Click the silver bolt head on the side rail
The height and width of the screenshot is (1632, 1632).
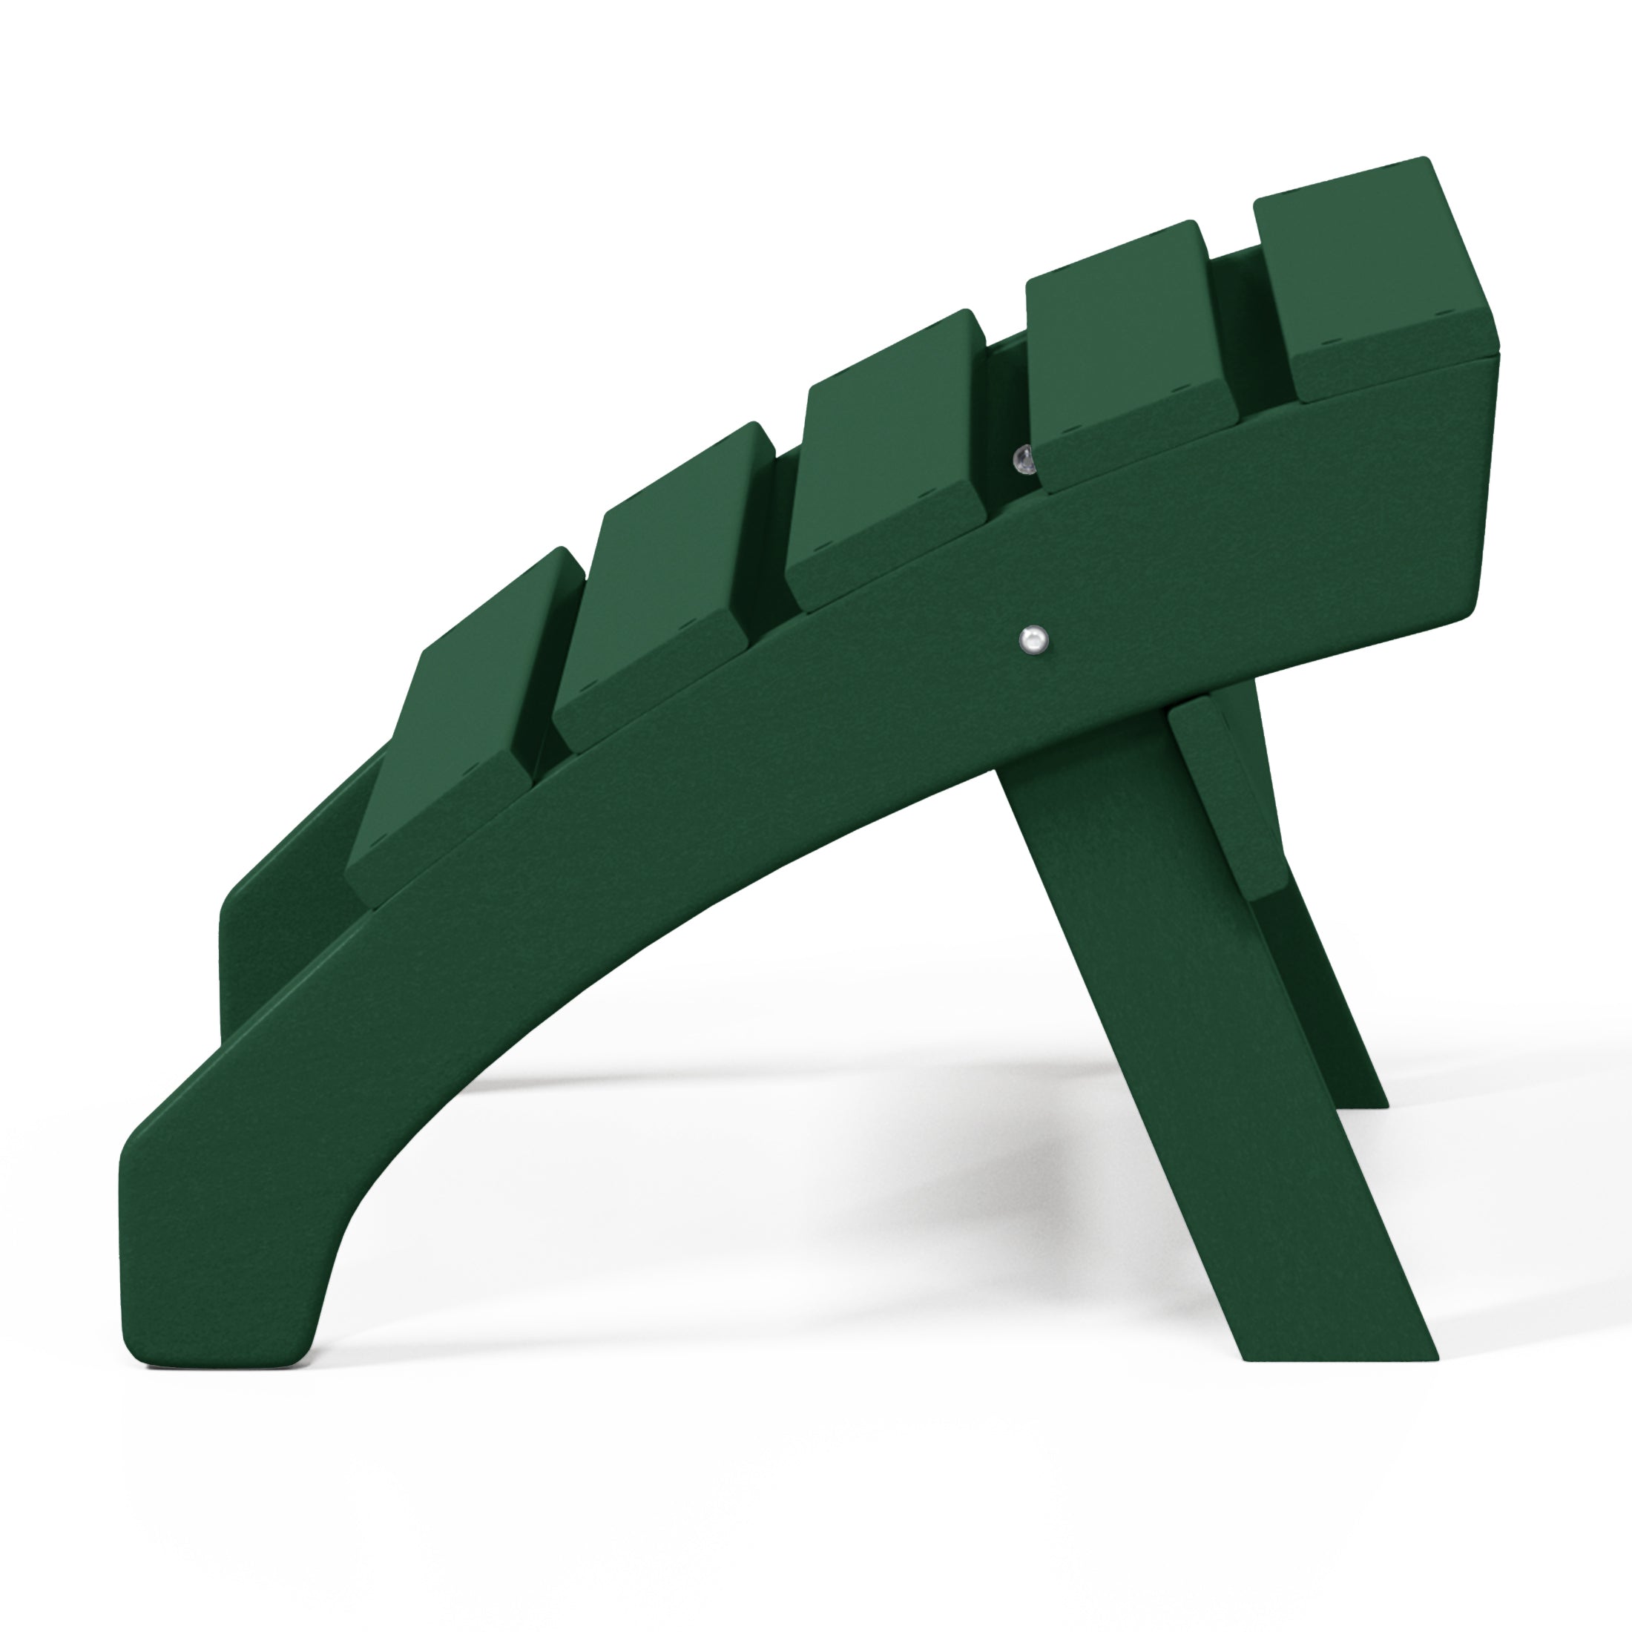click(x=1033, y=639)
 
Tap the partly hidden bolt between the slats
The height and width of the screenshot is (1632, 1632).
click(x=1024, y=458)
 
